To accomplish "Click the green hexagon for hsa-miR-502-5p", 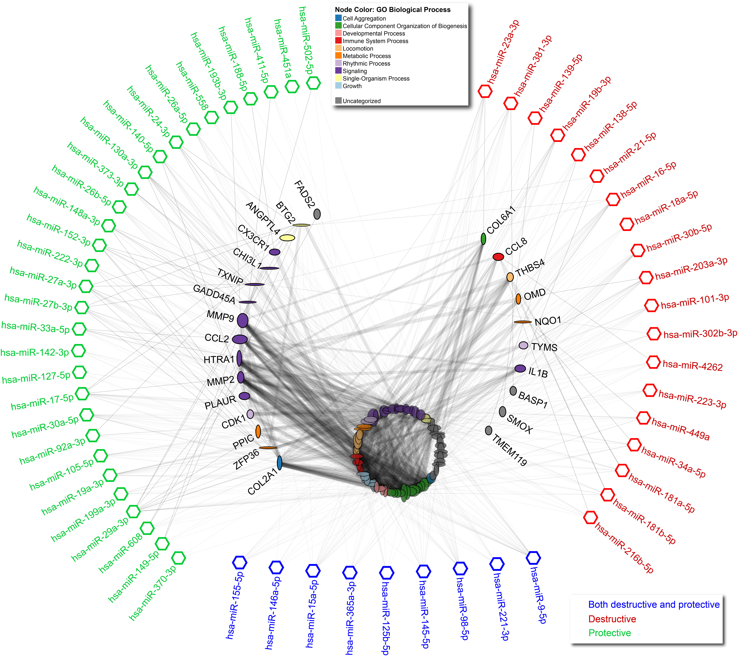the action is pyautogui.click(x=313, y=83).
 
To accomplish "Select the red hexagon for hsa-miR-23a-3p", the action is pyautogui.click(x=485, y=91).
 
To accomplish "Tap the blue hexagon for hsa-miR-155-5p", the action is pyautogui.click(x=240, y=562).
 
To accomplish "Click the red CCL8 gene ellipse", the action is pyautogui.click(x=498, y=257).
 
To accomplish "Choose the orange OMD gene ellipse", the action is pyautogui.click(x=518, y=299).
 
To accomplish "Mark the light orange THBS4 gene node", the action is pyautogui.click(x=510, y=277).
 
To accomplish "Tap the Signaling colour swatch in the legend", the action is pyautogui.click(x=338, y=71).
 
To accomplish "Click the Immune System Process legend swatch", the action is pyautogui.click(x=338, y=41).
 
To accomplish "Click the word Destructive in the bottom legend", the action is pyautogui.click(x=612, y=619).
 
